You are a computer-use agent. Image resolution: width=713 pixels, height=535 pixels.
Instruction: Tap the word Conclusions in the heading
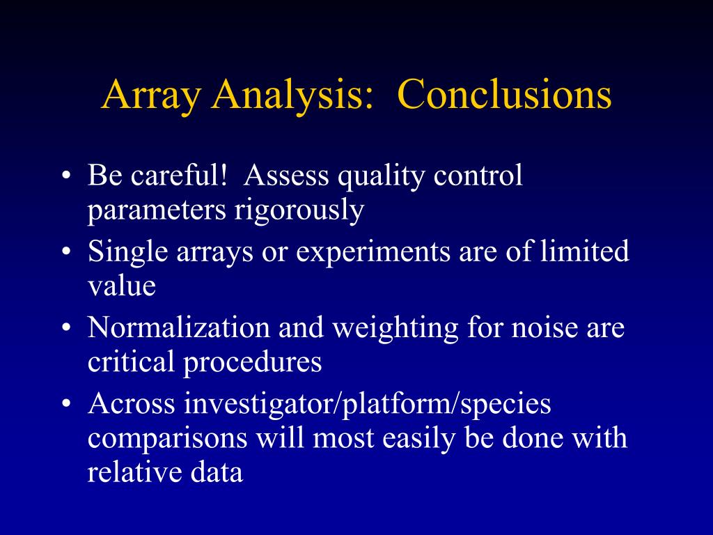(x=504, y=94)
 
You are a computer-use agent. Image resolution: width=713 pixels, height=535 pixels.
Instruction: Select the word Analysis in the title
(x=292, y=95)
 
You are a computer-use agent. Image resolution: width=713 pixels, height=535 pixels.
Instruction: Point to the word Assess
(x=286, y=175)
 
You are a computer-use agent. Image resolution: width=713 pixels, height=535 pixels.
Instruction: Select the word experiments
(x=373, y=252)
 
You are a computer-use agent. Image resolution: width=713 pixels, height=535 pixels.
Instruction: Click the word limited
(x=585, y=250)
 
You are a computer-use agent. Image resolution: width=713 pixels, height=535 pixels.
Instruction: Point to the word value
(x=121, y=286)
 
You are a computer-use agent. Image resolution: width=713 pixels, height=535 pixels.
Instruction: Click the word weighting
(x=395, y=329)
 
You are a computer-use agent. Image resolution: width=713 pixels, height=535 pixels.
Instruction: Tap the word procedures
(x=252, y=363)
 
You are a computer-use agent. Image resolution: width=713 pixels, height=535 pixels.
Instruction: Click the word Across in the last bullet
(x=132, y=403)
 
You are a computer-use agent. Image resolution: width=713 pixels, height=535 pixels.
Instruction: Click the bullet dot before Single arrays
(x=67, y=251)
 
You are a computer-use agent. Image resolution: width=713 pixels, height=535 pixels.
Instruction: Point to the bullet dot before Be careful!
(x=67, y=176)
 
